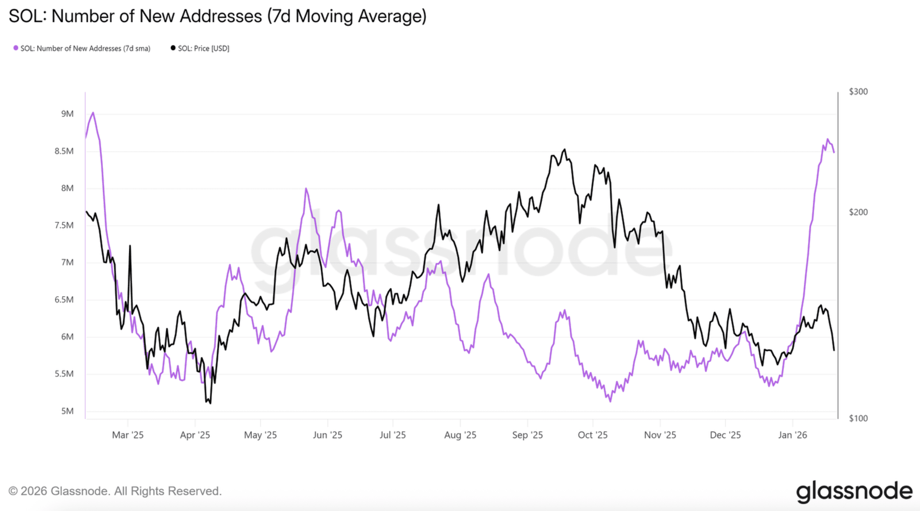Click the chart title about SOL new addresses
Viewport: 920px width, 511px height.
point(217,17)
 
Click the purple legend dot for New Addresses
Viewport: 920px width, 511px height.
point(16,48)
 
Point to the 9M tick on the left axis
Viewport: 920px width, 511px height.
point(67,114)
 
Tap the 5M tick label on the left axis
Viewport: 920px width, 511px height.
point(67,411)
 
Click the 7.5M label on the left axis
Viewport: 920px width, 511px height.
point(64,225)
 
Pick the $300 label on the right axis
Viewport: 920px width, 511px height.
point(858,92)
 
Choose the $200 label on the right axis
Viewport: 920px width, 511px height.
point(858,212)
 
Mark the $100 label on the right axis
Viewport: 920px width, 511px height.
point(858,418)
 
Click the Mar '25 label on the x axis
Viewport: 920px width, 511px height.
point(128,435)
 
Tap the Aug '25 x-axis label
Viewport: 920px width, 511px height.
point(460,435)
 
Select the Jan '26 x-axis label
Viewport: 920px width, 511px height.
point(792,435)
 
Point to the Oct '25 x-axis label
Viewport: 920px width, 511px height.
point(592,435)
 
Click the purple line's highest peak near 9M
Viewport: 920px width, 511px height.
point(93,113)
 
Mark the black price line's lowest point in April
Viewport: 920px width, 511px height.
point(210,403)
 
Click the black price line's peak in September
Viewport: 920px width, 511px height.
point(564,149)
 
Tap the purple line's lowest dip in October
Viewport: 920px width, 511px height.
point(610,402)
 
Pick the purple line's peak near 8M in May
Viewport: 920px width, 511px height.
point(306,188)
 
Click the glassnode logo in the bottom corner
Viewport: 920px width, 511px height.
point(854,492)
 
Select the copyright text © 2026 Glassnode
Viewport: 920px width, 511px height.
point(115,491)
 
